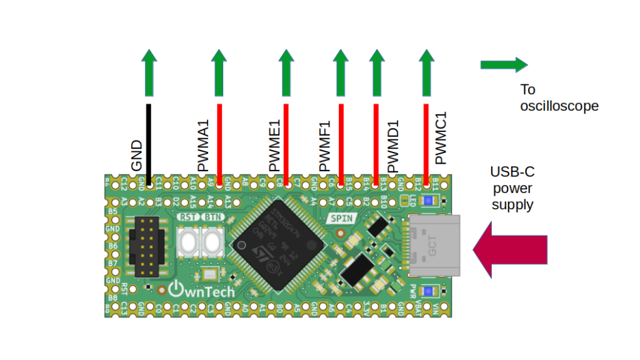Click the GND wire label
137,156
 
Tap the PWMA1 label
204,149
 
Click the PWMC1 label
441,139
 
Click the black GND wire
149,144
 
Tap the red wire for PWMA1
219,144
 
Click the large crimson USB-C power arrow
510,250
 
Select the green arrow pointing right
504,64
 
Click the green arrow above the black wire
149,74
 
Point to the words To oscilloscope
559,97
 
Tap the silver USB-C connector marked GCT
434,246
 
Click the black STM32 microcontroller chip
277,244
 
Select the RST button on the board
187,240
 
